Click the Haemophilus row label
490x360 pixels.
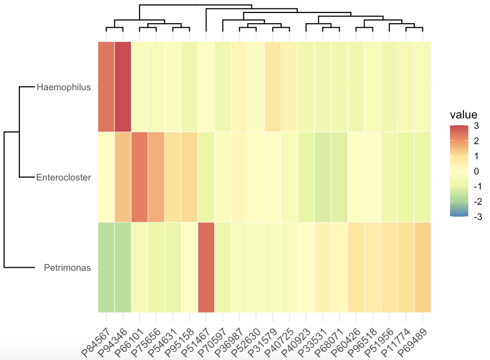64,87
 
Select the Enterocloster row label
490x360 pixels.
64,177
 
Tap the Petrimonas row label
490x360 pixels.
67,268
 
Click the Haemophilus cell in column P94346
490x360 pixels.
123,87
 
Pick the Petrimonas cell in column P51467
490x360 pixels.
206,267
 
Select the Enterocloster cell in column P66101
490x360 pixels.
139,177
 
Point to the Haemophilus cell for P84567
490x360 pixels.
106,87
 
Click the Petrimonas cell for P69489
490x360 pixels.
423,267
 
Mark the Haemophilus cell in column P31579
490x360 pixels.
273,87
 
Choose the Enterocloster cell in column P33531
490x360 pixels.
323,177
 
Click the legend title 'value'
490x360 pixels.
463,115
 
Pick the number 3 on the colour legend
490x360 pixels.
476,126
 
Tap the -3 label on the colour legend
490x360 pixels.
477,217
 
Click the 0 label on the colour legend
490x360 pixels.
476,171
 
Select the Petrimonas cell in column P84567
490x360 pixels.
106,267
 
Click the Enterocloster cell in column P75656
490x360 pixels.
156,177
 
